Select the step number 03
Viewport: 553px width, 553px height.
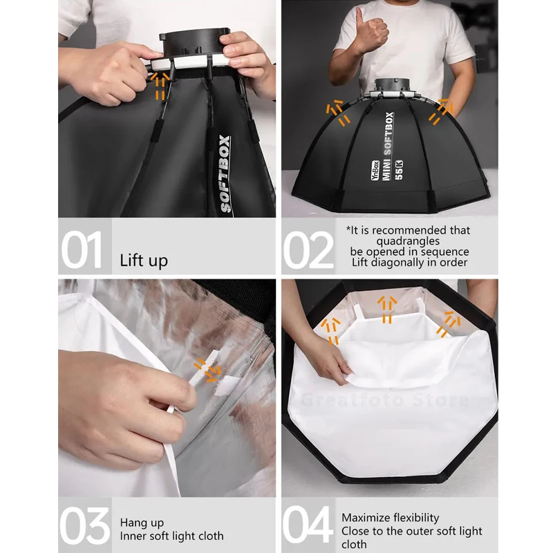(x=84, y=526)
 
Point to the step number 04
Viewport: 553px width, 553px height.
(x=309, y=526)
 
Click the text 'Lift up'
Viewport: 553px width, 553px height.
(x=143, y=261)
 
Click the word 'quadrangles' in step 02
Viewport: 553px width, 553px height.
(x=407, y=241)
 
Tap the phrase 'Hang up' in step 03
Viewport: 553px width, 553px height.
(x=142, y=523)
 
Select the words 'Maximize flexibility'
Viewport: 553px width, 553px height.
(x=390, y=517)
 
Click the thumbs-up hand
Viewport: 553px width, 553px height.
(x=371, y=32)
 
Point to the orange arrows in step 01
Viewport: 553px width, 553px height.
(x=160, y=86)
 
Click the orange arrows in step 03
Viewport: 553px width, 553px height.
(x=206, y=368)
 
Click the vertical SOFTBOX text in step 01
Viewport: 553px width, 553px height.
(x=225, y=173)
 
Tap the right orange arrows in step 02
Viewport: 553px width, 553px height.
(x=440, y=111)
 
